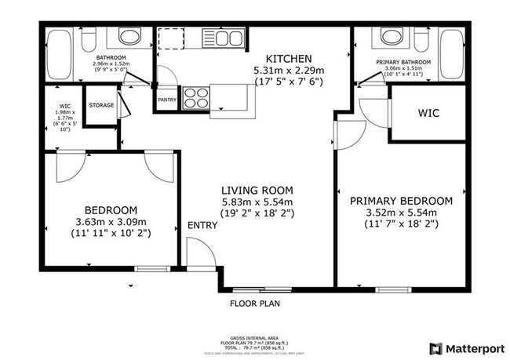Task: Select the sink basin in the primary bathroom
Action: pyautogui.click(x=389, y=35)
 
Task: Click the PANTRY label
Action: pyautogui.click(x=166, y=100)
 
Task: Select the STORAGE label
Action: pyautogui.click(x=101, y=105)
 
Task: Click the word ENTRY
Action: pyautogui.click(x=202, y=226)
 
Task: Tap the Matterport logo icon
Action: pyautogui.click(x=435, y=347)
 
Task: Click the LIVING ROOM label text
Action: pyautogui.click(x=257, y=190)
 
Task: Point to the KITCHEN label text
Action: pyautogui.click(x=289, y=59)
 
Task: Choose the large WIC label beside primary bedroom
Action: pyautogui.click(x=429, y=113)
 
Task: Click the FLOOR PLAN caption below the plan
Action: pyautogui.click(x=255, y=303)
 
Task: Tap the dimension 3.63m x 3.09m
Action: pyautogui.click(x=111, y=221)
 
